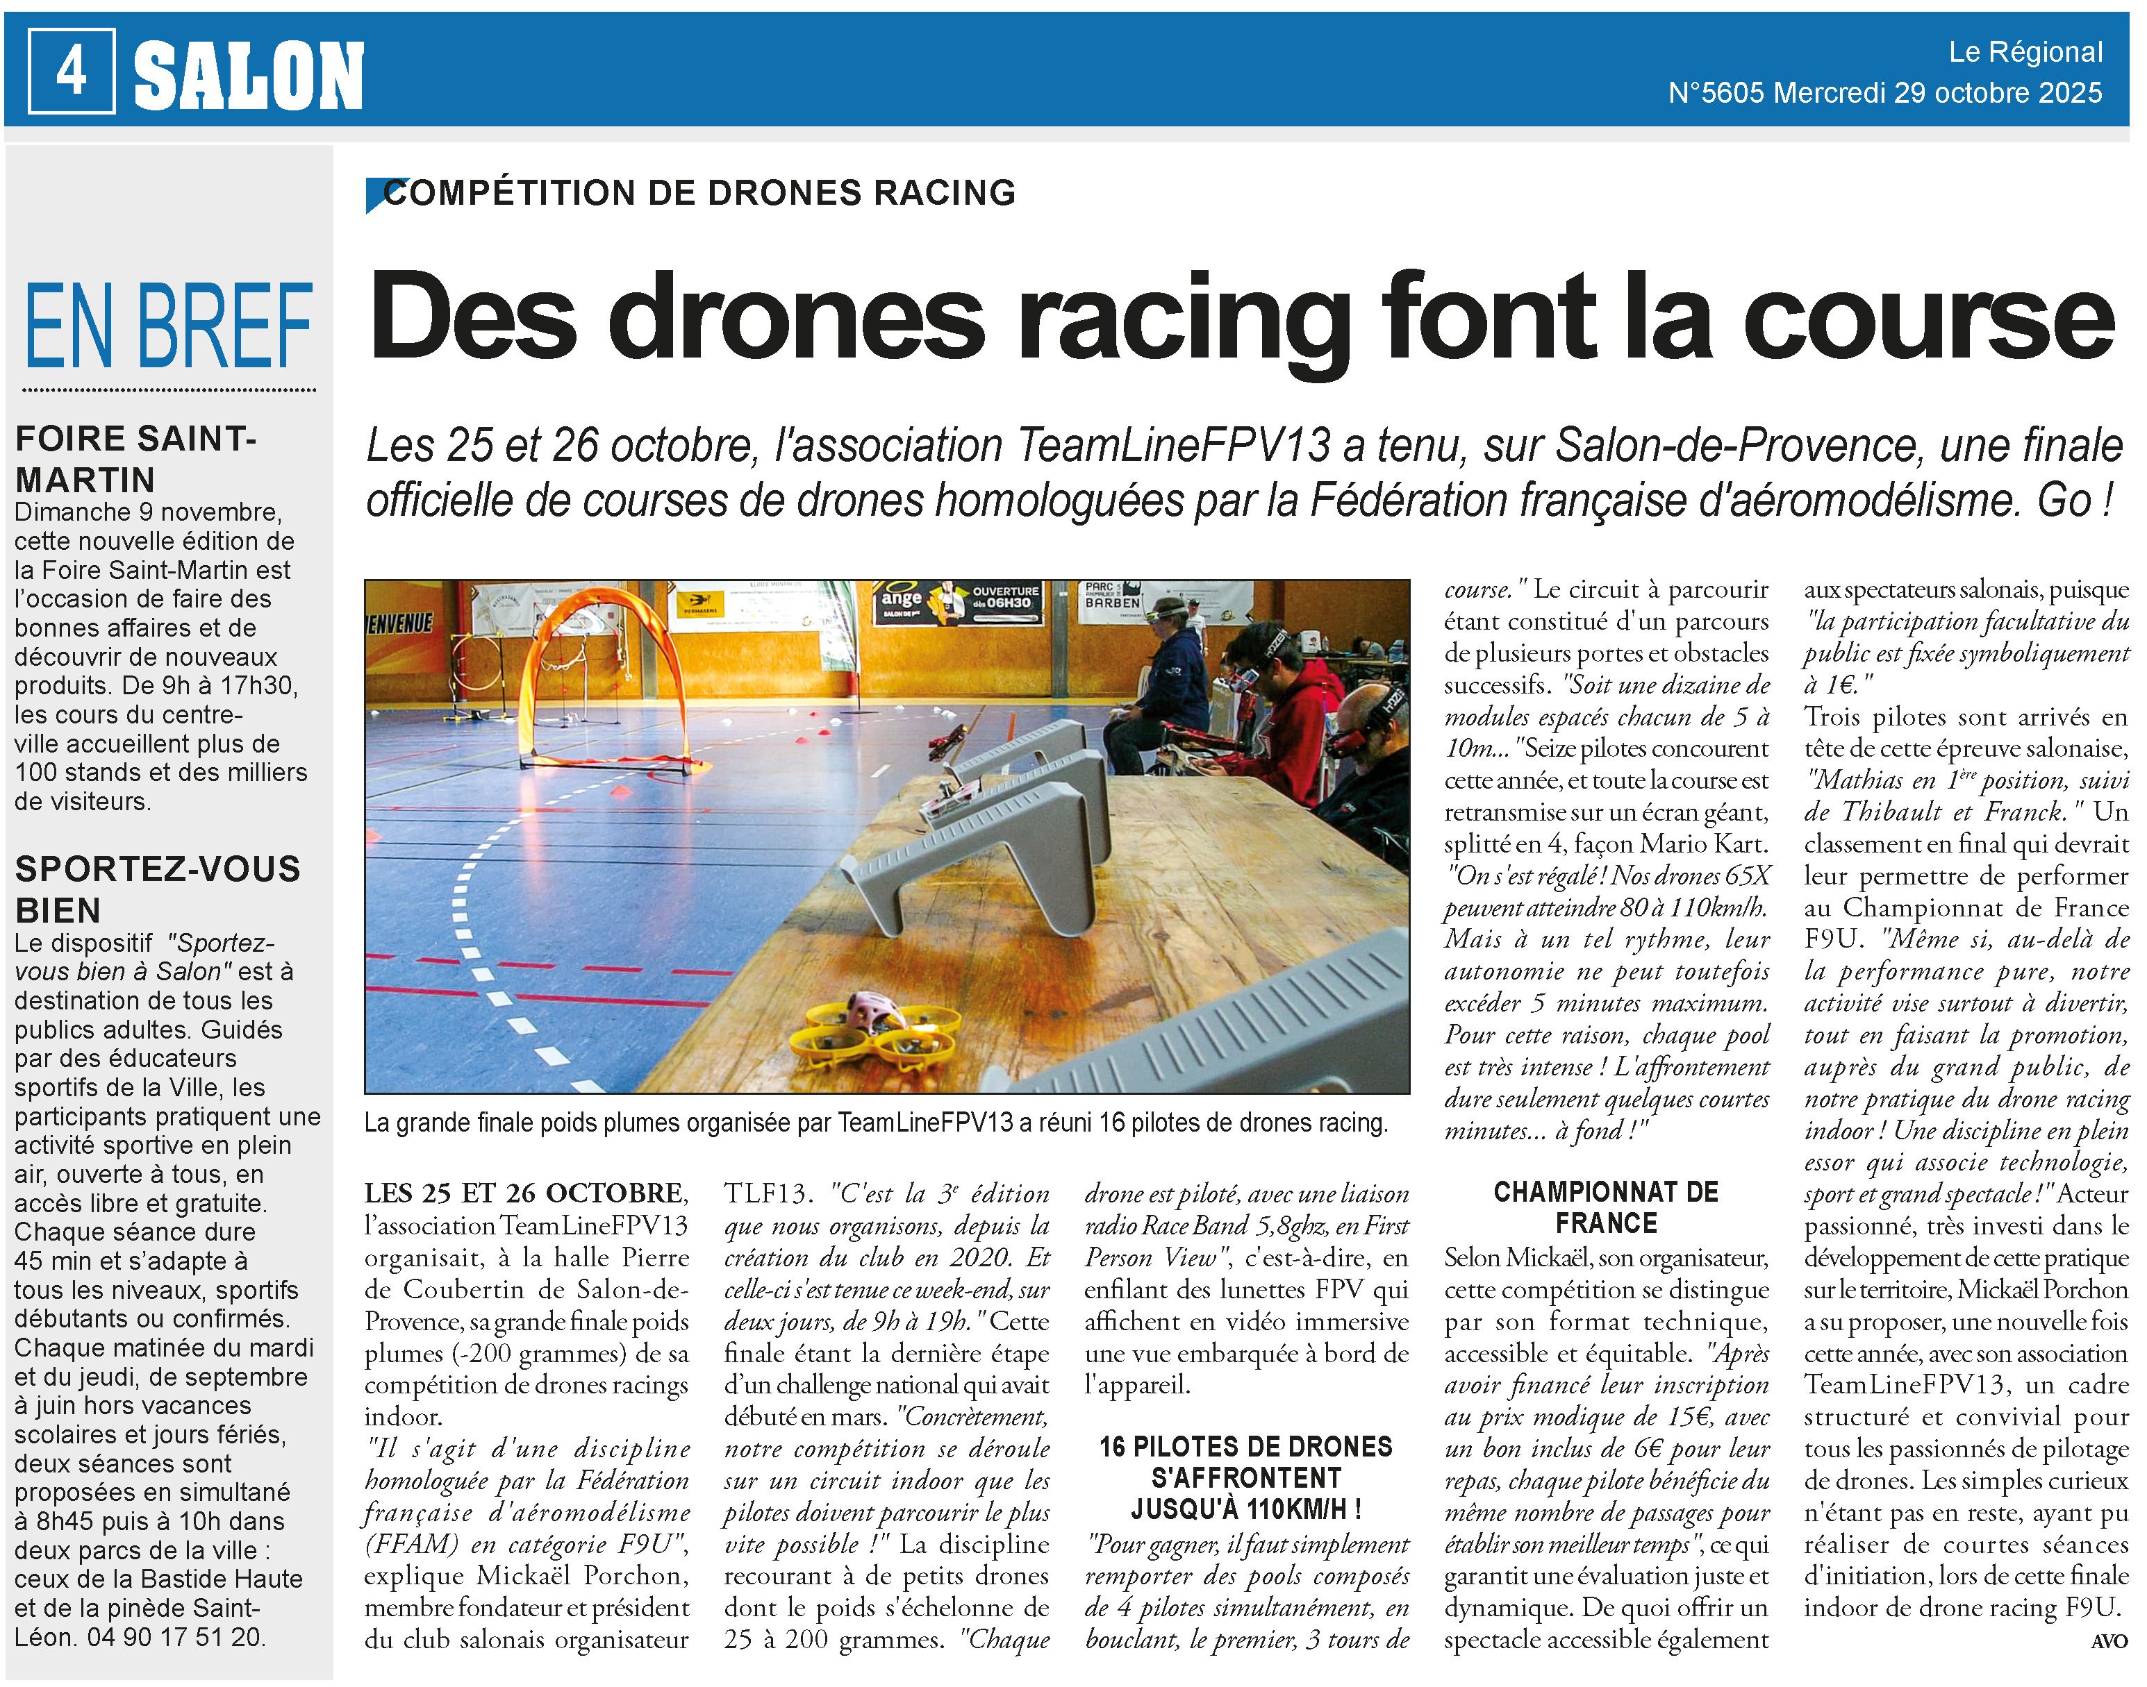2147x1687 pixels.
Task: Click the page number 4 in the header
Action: click(x=71, y=71)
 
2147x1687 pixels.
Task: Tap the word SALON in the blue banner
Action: click(x=249, y=75)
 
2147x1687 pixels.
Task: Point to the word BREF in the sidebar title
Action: click(x=224, y=326)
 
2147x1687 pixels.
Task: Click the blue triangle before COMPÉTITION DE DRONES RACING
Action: click(x=376, y=194)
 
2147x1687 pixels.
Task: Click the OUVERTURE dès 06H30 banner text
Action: click(x=1005, y=596)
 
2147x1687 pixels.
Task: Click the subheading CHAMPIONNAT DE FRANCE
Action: click(x=1605, y=1207)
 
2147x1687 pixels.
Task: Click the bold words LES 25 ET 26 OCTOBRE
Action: click(x=524, y=1193)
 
